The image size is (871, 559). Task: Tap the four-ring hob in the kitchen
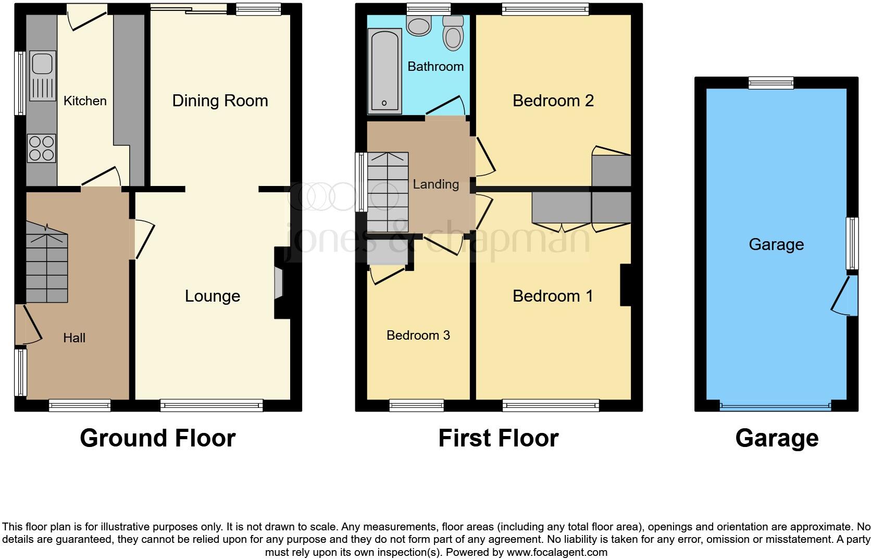coord(41,148)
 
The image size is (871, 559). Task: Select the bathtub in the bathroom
coord(384,71)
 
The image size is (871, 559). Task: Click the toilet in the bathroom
coord(453,33)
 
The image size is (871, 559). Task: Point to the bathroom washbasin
coord(419,25)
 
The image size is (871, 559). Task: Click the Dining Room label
coord(220,101)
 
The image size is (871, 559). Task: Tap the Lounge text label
coord(213,296)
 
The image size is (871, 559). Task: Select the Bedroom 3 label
coord(418,335)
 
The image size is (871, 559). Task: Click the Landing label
coord(436,184)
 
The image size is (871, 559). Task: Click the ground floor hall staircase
coord(47,267)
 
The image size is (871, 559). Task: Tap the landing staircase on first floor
coord(388,192)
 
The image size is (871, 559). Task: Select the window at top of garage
coord(771,83)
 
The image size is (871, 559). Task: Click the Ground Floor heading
coord(157,438)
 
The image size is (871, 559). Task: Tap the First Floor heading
coord(498,438)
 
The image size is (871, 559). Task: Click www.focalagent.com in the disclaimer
coord(557,552)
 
